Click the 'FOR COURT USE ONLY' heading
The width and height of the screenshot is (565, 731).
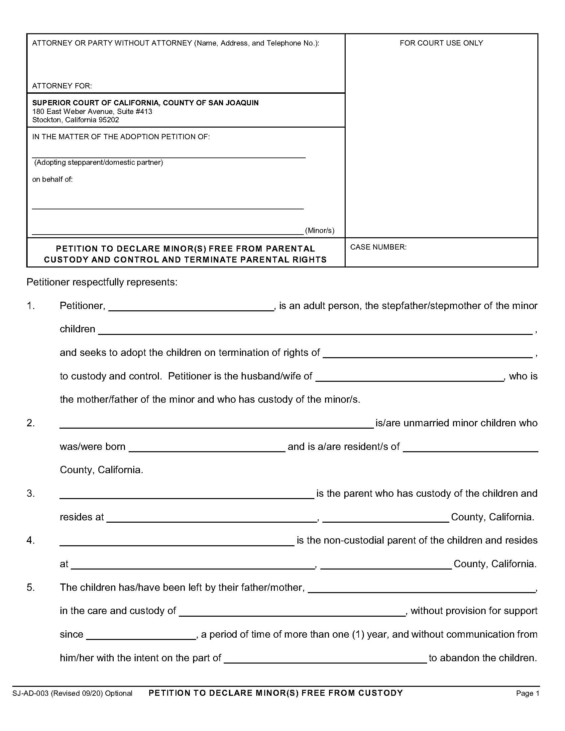pyautogui.click(x=441, y=43)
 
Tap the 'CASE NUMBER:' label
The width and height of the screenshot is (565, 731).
pyautogui.click(x=378, y=247)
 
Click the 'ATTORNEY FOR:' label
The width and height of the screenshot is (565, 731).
pyautogui.click(x=62, y=86)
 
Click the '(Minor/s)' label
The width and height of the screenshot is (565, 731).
pyautogui.click(x=320, y=230)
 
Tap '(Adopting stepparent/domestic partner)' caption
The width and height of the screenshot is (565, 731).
pyautogui.click(x=99, y=162)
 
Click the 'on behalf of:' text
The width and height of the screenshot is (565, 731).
pyautogui.click(x=52, y=179)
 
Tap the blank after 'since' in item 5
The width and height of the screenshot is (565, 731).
pyautogui.click(x=141, y=635)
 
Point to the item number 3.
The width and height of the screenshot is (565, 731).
pyautogui.click(x=31, y=493)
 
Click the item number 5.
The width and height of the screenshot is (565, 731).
pyautogui.click(x=31, y=587)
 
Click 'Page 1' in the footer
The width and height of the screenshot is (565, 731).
pyautogui.click(x=527, y=693)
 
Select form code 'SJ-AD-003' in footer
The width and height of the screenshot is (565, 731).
pyautogui.click(x=31, y=693)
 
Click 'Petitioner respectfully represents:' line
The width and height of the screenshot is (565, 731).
pyautogui.click(x=102, y=282)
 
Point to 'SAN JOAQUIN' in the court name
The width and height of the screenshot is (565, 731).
pyautogui.click(x=233, y=103)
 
